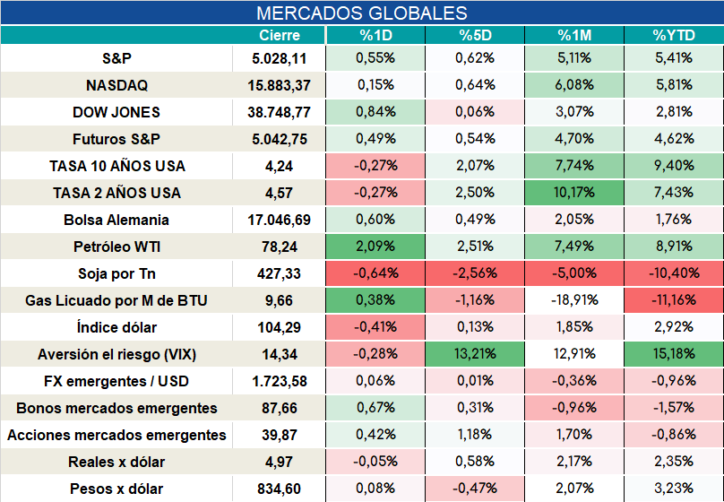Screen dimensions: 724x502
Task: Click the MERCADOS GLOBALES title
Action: point(361,13)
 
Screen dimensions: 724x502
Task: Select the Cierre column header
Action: point(280,35)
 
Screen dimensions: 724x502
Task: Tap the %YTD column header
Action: point(674,35)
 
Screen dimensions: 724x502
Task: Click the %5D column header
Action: point(475,35)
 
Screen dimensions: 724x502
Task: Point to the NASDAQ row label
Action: point(116,85)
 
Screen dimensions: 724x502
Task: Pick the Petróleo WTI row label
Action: point(116,247)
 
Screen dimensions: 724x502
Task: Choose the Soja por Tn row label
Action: point(116,273)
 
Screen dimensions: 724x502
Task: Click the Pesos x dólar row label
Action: point(116,489)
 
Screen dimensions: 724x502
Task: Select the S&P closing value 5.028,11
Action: point(280,58)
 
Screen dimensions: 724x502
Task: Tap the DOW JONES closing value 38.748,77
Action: point(280,112)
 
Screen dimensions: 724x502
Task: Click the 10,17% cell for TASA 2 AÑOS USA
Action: point(574,192)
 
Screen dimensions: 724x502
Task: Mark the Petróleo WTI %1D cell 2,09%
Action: point(375,247)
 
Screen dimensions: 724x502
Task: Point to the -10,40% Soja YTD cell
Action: point(674,273)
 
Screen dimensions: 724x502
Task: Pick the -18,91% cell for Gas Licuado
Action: point(574,299)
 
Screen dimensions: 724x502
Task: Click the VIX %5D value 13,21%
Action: point(475,354)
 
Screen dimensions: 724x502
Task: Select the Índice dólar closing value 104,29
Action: point(280,327)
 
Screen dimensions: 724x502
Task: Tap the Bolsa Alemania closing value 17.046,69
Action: point(280,220)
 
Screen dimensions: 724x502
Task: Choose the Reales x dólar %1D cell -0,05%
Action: point(375,462)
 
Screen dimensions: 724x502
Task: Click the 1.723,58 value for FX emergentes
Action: point(280,381)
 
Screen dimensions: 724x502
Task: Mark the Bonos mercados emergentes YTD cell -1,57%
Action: point(674,407)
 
